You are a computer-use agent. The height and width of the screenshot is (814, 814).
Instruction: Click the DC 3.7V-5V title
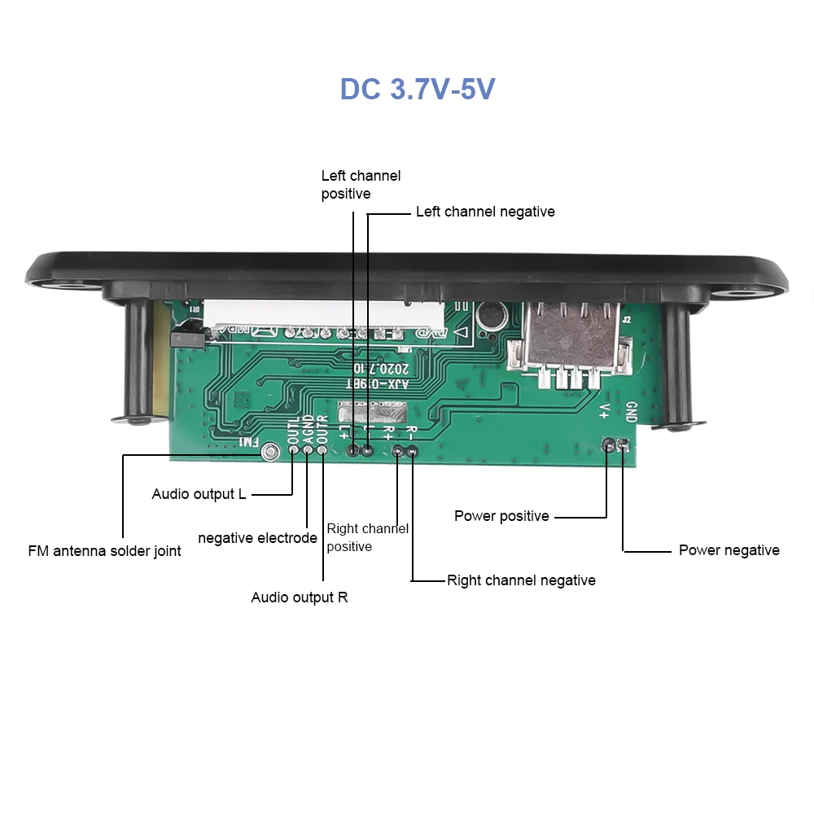[417, 89]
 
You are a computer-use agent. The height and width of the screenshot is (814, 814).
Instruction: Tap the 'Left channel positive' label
[361, 185]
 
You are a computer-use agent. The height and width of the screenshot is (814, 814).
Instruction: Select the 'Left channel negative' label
[485, 212]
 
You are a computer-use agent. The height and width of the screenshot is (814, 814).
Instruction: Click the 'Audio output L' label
[199, 494]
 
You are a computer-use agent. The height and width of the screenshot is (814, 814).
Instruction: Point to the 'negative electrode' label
[257, 538]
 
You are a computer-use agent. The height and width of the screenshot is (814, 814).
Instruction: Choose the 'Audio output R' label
[299, 597]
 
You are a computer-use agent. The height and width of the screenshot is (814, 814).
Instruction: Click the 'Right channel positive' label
[367, 537]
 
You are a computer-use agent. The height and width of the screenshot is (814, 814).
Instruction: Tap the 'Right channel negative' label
[521, 580]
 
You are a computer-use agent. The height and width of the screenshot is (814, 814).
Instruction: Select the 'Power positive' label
[501, 516]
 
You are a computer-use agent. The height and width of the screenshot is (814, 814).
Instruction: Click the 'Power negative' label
[729, 550]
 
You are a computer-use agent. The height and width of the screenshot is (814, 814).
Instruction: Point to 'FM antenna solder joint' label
[104, 551]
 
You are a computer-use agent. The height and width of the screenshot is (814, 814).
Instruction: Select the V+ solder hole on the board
[607, 444]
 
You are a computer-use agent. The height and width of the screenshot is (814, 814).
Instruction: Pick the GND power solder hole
[624, 444]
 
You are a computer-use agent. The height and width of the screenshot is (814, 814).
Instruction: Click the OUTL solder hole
[293, 449]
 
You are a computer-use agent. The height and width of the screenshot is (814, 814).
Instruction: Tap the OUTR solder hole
[322, 449]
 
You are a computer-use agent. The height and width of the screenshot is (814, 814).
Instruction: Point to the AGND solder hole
[308, 449]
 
